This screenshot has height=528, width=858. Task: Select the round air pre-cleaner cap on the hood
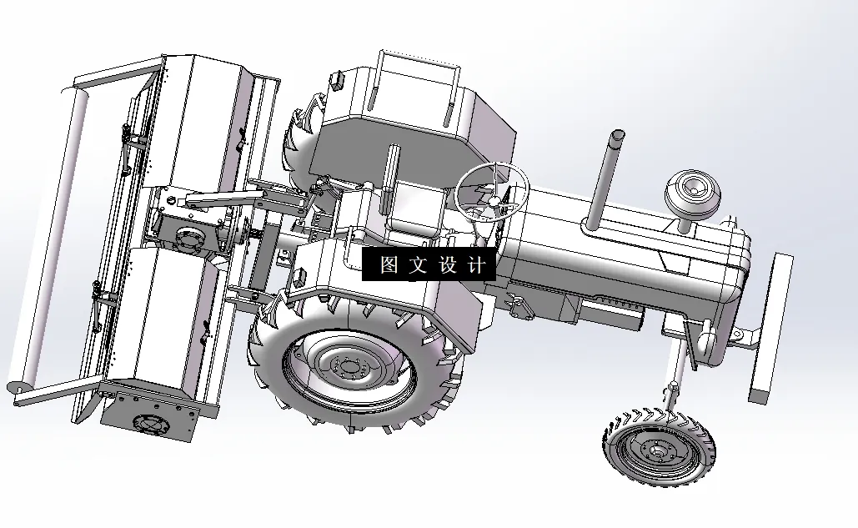[x=693, y=193]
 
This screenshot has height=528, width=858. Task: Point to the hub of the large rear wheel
[x=348, y=366]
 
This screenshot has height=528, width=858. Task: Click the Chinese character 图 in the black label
[x=389, y=264]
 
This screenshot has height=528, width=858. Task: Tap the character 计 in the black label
[x=477, y=264]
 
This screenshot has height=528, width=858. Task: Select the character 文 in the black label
[x=418, y=264]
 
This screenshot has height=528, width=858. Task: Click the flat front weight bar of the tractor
[x=771, y=329]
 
